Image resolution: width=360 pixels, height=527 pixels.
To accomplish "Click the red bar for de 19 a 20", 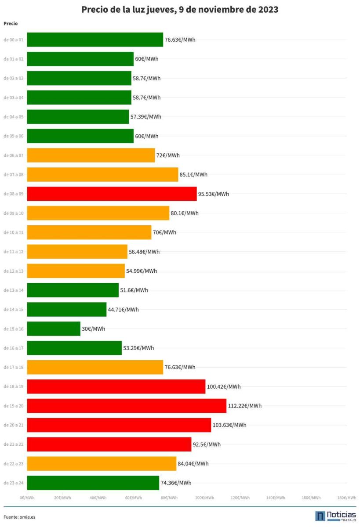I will pos(127,406).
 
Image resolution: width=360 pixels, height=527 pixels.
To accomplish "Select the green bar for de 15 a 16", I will pos(54,328).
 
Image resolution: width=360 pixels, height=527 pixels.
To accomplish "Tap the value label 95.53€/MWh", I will pos(214,194).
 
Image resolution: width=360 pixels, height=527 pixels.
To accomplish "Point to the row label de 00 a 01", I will pos(14,40).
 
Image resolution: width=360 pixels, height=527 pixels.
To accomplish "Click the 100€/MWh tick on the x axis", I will pos(205,498).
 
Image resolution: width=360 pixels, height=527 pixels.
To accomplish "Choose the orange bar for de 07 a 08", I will pos(102,174).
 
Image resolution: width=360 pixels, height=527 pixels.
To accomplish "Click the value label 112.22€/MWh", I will pos(245,406).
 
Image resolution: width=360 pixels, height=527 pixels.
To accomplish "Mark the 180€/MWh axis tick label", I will pos(346,498).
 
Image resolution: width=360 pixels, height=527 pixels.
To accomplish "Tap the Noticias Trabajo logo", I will pos(335,516).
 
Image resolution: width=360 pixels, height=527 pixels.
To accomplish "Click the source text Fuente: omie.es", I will pos(19,517).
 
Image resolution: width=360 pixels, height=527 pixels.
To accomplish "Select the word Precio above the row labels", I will pos(11,23).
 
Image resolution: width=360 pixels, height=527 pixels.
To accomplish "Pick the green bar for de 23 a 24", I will pos(93,483).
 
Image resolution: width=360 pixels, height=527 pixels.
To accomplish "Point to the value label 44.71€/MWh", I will pos(123,310).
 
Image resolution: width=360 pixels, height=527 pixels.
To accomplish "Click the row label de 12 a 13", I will pos(14,271).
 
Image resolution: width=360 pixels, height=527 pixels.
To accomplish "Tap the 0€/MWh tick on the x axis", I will pos(27,498).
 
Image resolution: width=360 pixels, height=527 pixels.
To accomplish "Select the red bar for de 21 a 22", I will pos(109,444).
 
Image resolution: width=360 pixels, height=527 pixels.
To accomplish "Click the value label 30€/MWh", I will pos(93,328).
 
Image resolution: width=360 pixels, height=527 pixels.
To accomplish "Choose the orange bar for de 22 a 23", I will pos(102,463).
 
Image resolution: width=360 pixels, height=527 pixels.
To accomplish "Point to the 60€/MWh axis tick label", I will pos(133,498).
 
